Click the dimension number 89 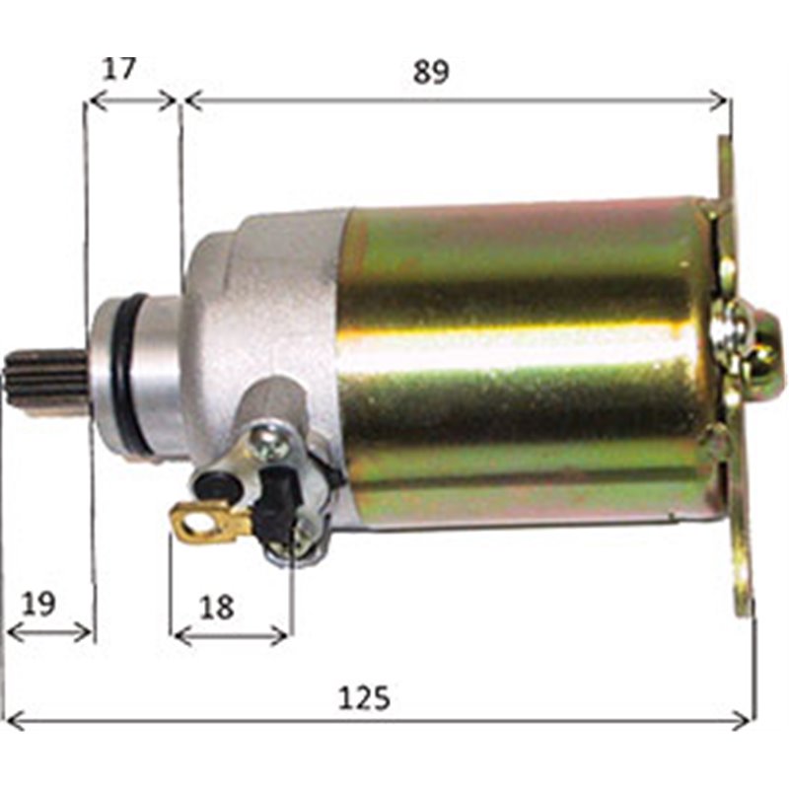point(431,71)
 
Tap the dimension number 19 point(38,604)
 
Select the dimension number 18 point(217,607)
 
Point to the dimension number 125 point(364,697)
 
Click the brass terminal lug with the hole point(210,522)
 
